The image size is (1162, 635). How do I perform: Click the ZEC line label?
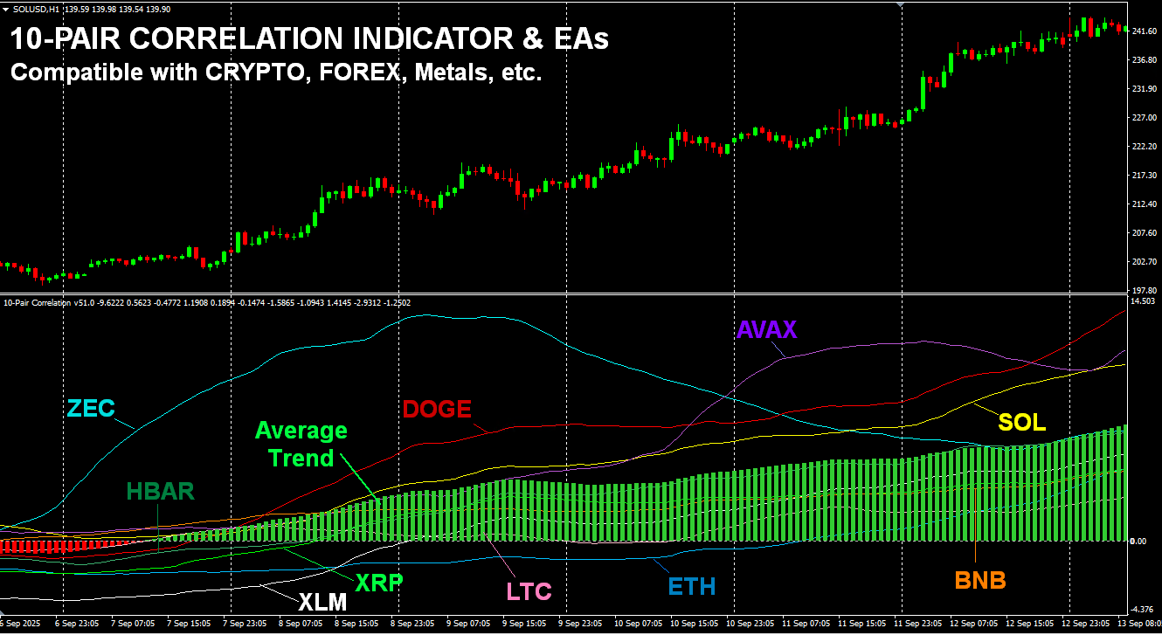[91, 408]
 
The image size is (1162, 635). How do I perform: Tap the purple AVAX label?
[767, 329]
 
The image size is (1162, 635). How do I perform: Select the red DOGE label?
[437, 409]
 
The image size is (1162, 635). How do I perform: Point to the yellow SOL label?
[1022, 423]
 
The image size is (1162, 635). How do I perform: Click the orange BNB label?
[979, 580]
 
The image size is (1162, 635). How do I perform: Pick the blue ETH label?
[692, 586]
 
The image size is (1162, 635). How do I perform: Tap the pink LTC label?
[529, 591]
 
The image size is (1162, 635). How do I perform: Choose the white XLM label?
[322, 602]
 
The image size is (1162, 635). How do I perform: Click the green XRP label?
[378, 583]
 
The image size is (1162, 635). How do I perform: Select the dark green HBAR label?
[160, 492]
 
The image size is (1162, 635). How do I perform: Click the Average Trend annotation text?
[301, 444]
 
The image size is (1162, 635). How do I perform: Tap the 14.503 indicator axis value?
[1143, 301]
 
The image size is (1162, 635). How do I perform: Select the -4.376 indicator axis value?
[1143, 609]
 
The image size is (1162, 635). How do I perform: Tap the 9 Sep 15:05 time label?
[525, 625]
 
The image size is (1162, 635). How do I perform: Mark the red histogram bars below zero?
[61, 547]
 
